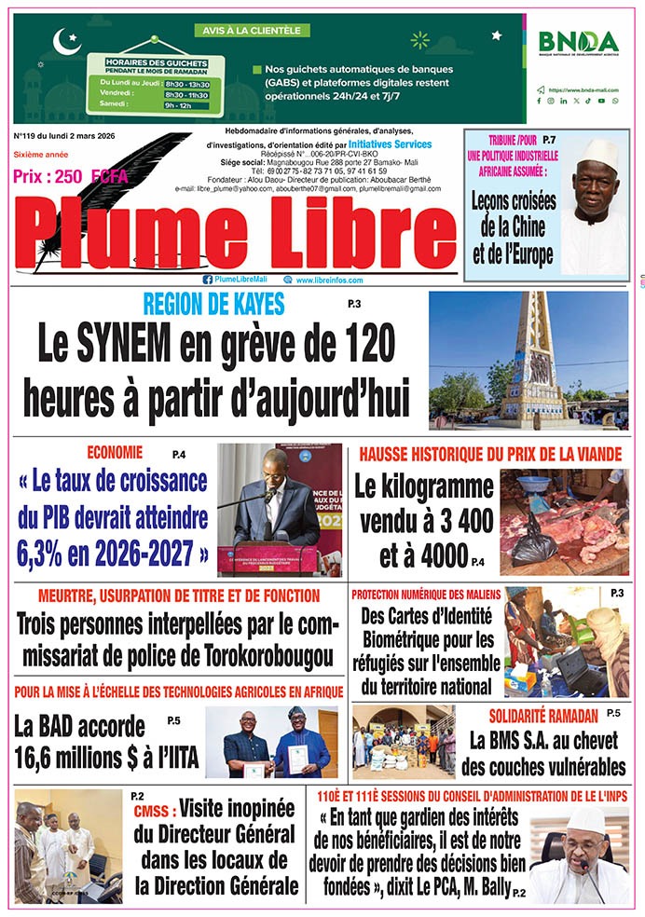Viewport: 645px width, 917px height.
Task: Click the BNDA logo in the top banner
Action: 578,43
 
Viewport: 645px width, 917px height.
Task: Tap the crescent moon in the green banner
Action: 66,41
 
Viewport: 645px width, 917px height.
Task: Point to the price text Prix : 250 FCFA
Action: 71,176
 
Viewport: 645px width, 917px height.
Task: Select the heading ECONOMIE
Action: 115,453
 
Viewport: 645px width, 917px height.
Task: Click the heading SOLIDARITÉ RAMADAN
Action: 543,716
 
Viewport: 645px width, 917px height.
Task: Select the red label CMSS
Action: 149,811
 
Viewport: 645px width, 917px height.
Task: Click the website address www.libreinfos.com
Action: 329,280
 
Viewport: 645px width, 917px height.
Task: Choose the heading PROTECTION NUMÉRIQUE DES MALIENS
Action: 426,595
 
